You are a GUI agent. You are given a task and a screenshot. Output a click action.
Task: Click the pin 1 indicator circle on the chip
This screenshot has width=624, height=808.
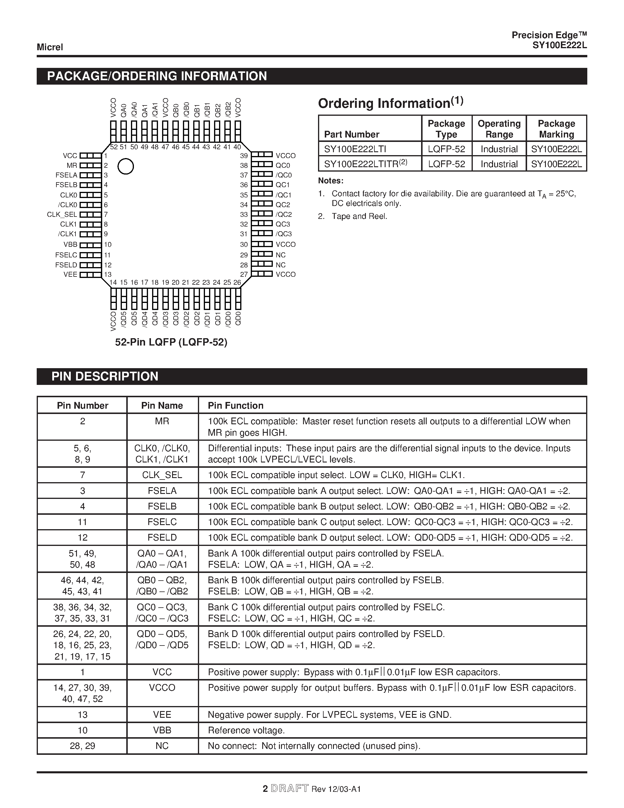[x=126, y=167]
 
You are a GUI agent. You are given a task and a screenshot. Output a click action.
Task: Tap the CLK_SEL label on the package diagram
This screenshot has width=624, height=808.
[x=62, y=214]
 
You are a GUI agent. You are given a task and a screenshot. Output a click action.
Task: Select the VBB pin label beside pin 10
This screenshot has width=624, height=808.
[x=70, y=244]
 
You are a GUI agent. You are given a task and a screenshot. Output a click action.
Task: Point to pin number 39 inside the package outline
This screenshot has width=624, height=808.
[x=244, y=156]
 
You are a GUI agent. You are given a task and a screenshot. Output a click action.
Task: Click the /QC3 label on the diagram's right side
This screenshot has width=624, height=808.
[x=284, y=234]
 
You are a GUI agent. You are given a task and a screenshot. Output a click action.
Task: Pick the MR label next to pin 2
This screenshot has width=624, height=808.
[x=72, y=165]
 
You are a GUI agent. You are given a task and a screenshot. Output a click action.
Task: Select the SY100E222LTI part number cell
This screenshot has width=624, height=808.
[x=355, y=149]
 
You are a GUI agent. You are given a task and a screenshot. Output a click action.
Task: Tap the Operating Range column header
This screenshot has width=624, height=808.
[x=499, y=129]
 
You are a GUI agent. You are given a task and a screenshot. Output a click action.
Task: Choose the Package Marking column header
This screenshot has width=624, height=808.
[x=556, y=129]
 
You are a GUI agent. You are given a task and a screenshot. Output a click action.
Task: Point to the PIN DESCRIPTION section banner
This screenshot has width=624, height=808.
[x=105, y=376]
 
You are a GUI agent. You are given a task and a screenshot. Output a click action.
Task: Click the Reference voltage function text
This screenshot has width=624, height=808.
[x=246, y=730]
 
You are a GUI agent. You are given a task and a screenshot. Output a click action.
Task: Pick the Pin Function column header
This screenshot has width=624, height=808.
[x=236, y=405]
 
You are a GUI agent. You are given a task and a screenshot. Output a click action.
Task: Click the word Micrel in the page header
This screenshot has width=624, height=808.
[x=50, y=47]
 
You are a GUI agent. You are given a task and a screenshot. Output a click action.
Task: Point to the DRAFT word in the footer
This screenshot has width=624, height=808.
[x=290, y=789]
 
